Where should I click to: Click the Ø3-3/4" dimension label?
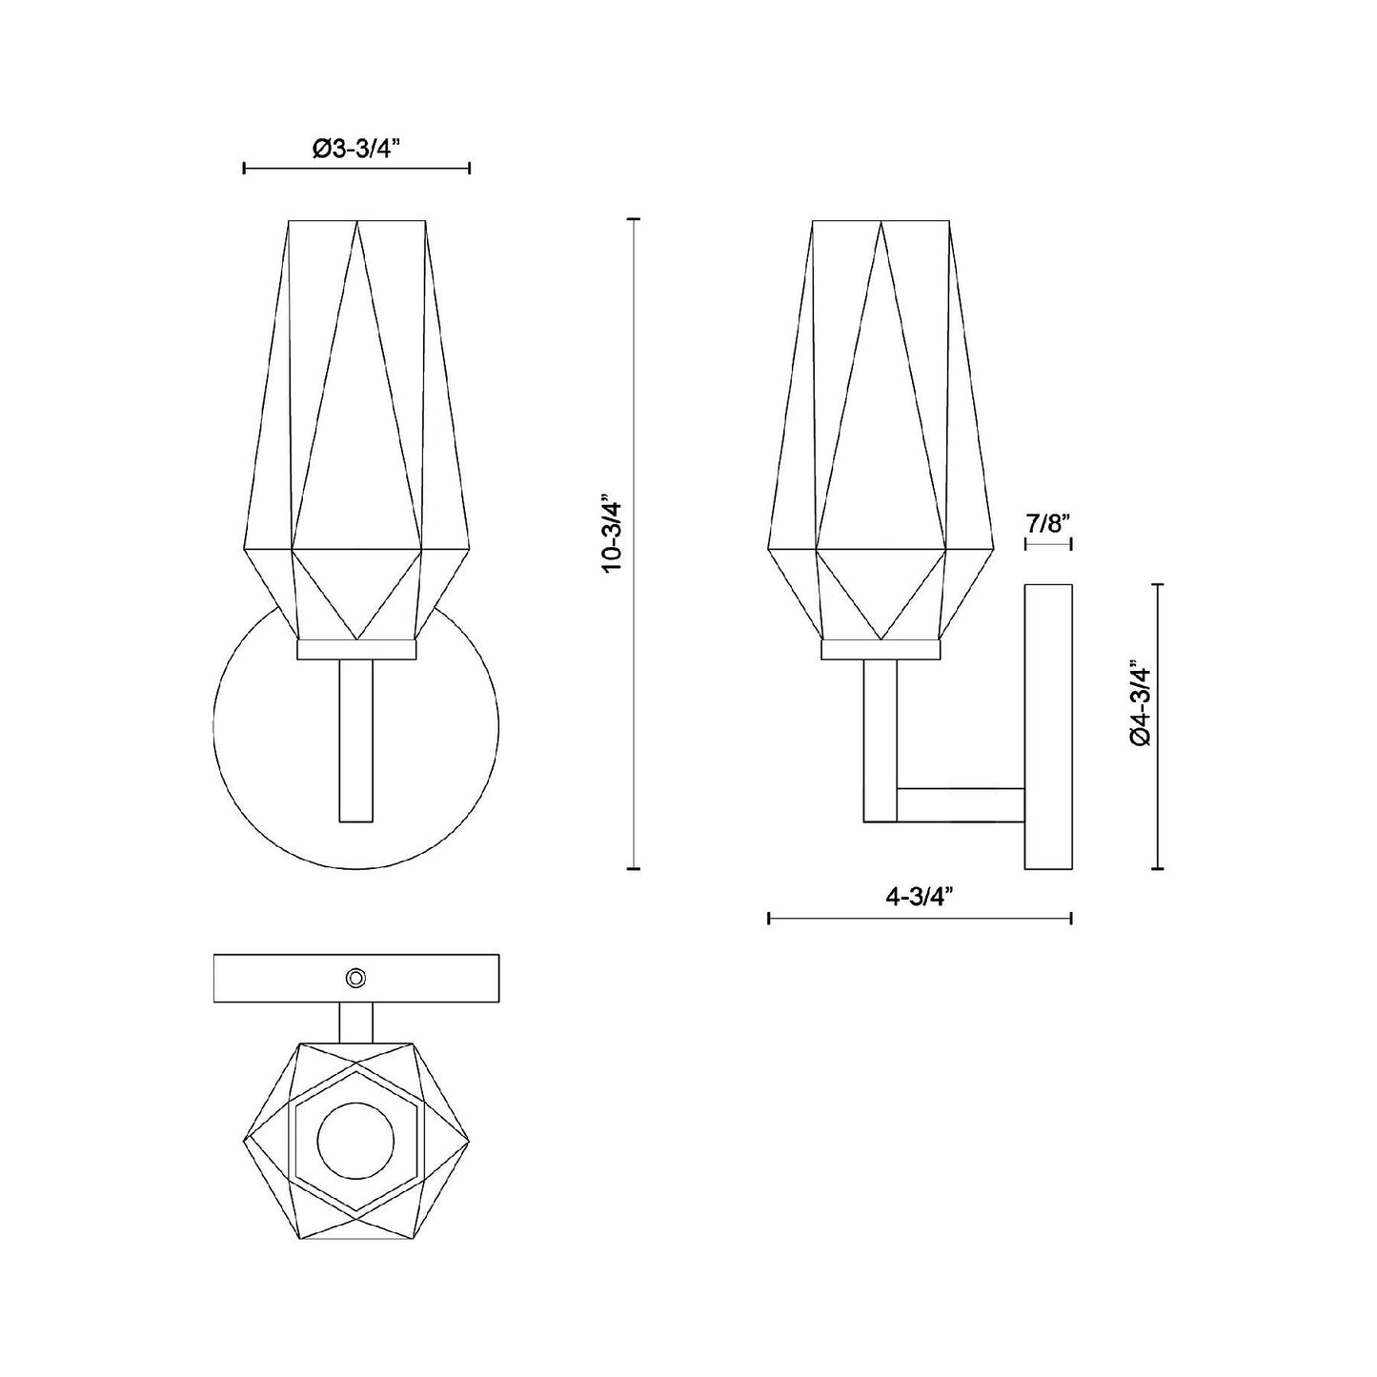[357, 149]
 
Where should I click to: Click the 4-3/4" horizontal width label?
[920, 897]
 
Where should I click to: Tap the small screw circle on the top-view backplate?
[356, 977]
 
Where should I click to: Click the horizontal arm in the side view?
[960, 804]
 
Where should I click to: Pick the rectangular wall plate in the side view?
[1048, 726]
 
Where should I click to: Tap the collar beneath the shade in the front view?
[356, 650]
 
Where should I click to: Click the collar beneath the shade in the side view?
[881, 650]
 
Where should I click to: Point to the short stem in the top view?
[356, 1023]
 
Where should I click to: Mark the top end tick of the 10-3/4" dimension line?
[633, 219]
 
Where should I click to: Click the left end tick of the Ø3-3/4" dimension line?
[245, 169]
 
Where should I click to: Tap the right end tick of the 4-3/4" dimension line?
[1072, 919]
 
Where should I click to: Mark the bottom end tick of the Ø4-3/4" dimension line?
[1158, 868]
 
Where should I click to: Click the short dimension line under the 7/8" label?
[1048, 544]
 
